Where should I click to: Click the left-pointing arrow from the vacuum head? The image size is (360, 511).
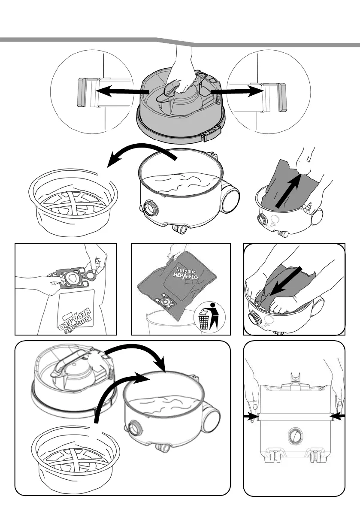[118, 91]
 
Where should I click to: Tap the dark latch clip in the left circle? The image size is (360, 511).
[81, 92]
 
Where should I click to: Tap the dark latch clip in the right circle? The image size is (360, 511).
[282, 97]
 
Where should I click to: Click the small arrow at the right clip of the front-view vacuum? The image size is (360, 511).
[336, 415]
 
